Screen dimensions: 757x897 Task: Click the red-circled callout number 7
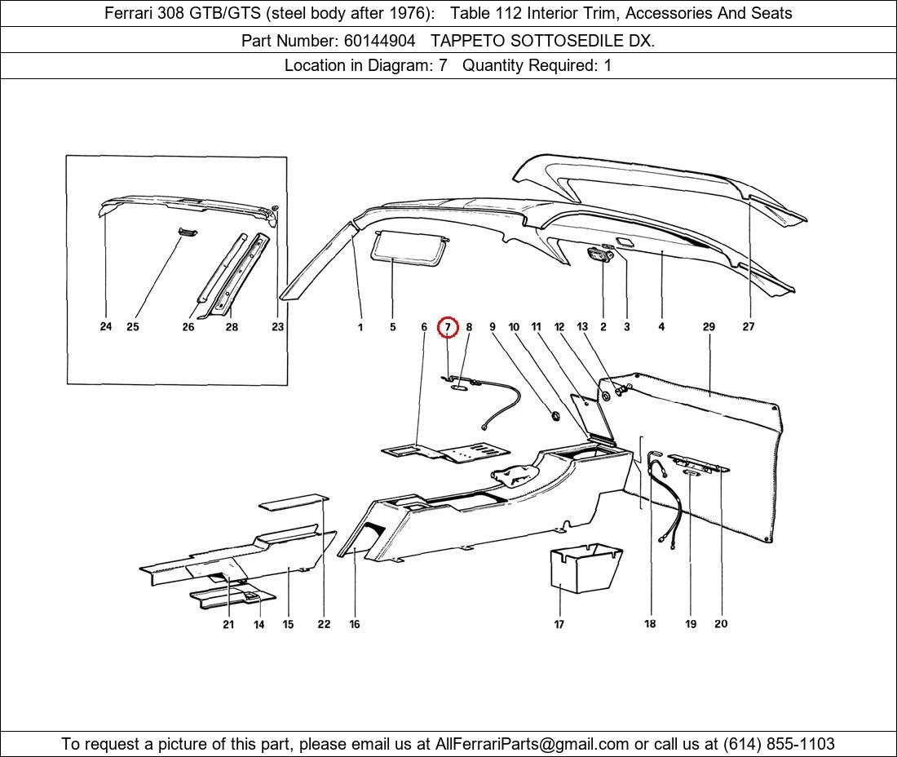point(448,327)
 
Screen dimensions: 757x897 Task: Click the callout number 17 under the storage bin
point(559,624)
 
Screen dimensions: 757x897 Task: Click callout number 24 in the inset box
point(106,326)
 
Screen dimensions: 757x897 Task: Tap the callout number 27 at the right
point(749,326)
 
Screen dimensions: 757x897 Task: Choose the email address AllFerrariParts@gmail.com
point(532,744)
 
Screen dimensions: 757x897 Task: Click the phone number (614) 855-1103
point(779,744)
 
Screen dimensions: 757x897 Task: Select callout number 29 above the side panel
point(709,326)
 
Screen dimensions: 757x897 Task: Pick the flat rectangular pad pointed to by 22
point(294,501)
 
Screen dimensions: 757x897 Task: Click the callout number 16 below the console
point(355,624)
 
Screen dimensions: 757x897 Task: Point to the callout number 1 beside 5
point(360,327)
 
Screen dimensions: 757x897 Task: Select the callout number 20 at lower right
point(721,624)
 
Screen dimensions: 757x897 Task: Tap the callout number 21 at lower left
point(228,624)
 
